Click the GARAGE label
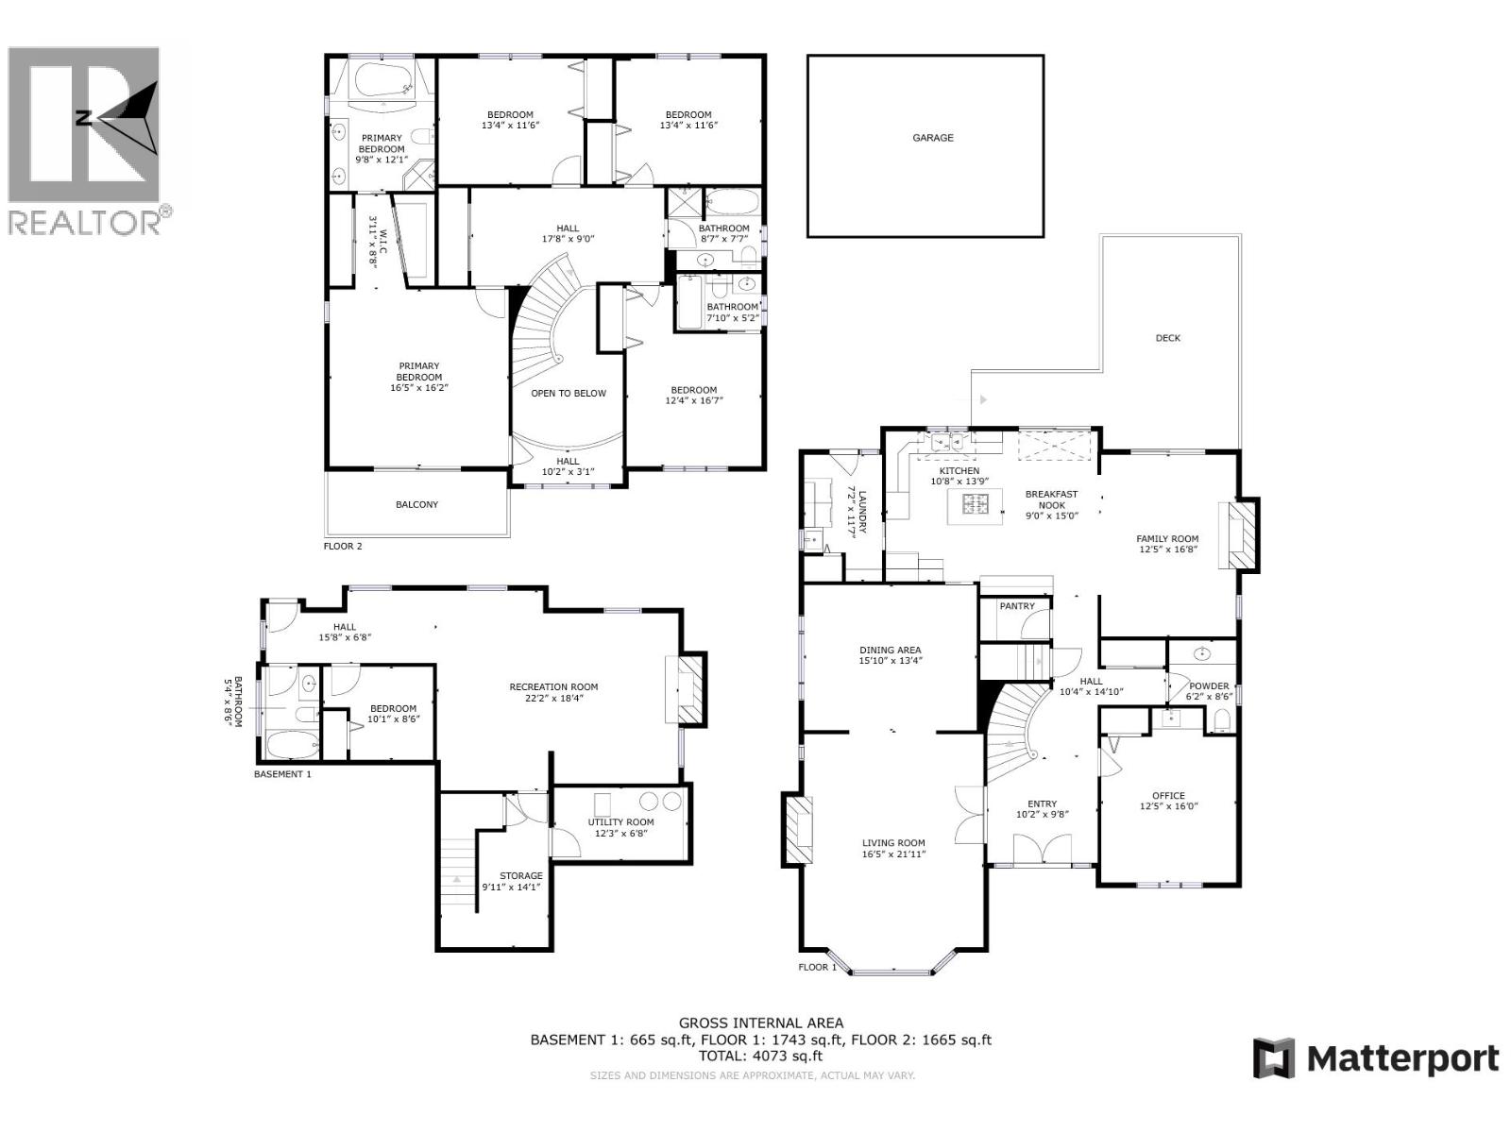(x=932, y=138)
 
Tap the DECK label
(x=1167, y=338)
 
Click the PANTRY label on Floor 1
(x=1016, y=606)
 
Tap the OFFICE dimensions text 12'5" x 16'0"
(x=1168, y=806)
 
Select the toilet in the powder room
(x=1222, y=721)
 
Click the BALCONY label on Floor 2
(x=416, y=504)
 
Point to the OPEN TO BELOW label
(x=568, y=393)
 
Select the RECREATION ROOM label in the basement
(x=553, y=686)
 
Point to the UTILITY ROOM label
(x=620, y=821)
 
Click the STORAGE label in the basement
(x=520, y=876)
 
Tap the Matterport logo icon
(x=1273, y=1057)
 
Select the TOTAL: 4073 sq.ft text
(x=760, y=1057)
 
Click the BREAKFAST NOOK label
(x=1051, y=499)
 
